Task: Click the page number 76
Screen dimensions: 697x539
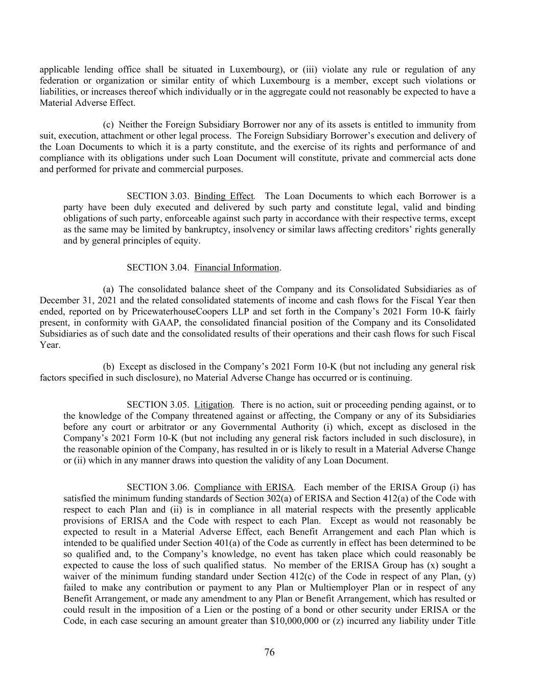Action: (269, 652)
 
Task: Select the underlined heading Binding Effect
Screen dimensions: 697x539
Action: (224, 196)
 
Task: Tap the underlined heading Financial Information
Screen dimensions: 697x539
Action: (237, 268)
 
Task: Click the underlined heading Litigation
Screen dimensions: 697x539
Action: (213, 405)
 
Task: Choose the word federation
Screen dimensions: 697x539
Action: (59, 81)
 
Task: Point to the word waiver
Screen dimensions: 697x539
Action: (77, 576)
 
